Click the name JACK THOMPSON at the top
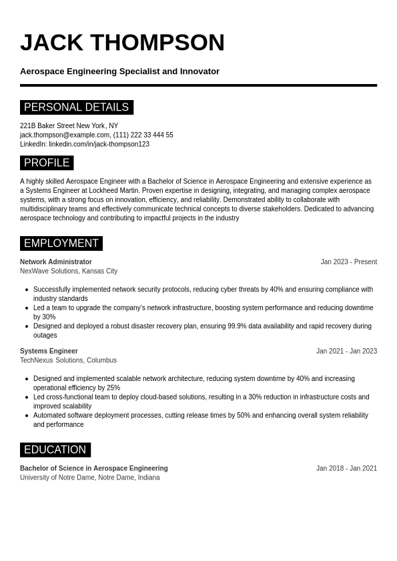(x=122, y=43)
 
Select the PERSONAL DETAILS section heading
(x=76, y=107)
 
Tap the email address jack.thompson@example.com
(x=65, y=135)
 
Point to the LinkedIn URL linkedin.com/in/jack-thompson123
(x=99, y=144)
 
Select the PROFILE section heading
(x=47, y=163)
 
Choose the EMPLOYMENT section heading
(x=61, y=243)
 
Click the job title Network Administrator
(x=56, y=262)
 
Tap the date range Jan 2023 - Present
(x=348, y=262)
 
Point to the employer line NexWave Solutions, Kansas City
(x=69, y=271)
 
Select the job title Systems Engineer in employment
(x=49, y=351)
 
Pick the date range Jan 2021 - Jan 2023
(x=346, y=351)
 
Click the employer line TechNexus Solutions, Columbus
(x=68, y=360)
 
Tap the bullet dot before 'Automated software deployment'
(x=27, y=416)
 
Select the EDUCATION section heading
(x=55, y=450)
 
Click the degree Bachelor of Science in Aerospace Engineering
(x=94, y=468)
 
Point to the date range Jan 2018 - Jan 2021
(x=346, y=468)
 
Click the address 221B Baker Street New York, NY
(x=69, y=125)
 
